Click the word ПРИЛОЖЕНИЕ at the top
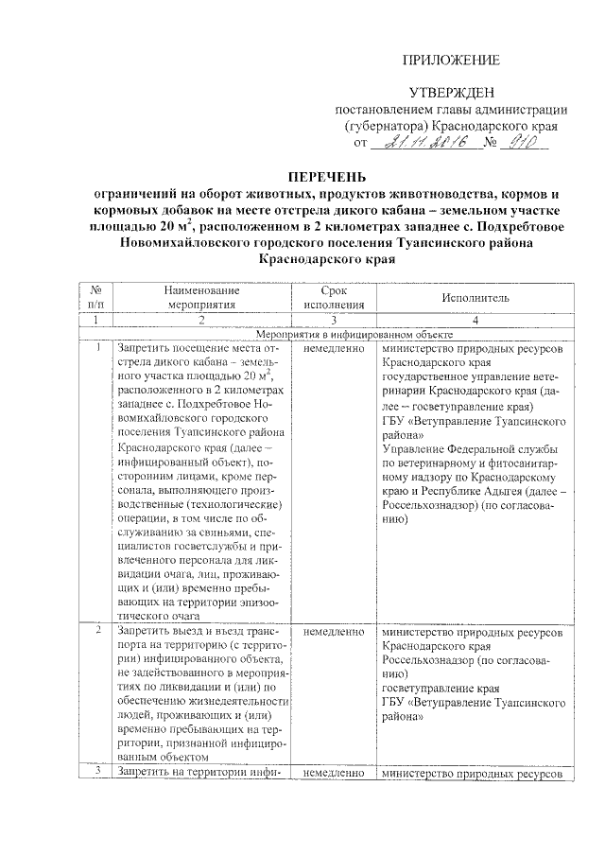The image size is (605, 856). point(451,61)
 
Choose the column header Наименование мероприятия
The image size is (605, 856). point(199,297)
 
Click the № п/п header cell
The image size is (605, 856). point(97,297)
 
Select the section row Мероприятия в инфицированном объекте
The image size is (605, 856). point(354,334)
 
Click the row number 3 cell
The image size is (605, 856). point(97,773)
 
